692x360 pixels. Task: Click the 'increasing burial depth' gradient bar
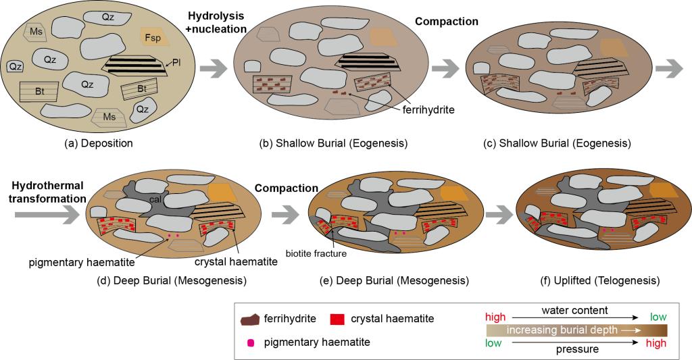pos(576,330)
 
